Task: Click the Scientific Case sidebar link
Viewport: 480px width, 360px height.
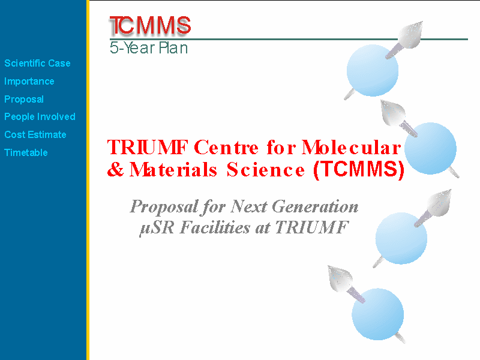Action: pos(37,64)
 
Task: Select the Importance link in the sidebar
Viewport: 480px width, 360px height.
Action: pos(29,82)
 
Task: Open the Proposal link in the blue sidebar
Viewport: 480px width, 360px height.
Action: pos(24,100)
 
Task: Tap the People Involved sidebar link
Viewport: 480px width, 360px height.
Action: pos(40,117)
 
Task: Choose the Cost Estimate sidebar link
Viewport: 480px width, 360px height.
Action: pos(35,134)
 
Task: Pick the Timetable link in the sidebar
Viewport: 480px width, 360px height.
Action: pos(26,153)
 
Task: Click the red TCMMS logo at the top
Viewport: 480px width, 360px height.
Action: pos(150,25)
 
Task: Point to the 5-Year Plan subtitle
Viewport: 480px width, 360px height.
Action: pos(149,48)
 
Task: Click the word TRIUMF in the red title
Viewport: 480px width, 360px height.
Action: pos(148,147)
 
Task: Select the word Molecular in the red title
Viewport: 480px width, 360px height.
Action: pos(351,147)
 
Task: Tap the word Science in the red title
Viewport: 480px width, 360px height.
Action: pos(266,170)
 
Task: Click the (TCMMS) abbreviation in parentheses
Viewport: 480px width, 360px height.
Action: pos(359,170)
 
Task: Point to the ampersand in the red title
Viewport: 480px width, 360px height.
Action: pos(115,170)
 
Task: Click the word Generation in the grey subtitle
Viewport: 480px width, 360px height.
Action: pos(315,206)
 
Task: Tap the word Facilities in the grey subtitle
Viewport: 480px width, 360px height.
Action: pos(215,227)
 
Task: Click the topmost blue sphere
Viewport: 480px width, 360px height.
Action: pos(373,70)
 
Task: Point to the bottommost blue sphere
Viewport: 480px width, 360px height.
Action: pos(378,314)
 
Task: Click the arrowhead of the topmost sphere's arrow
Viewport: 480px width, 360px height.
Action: pos(411,34)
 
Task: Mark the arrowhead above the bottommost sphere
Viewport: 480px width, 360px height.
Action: pos(340,278)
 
